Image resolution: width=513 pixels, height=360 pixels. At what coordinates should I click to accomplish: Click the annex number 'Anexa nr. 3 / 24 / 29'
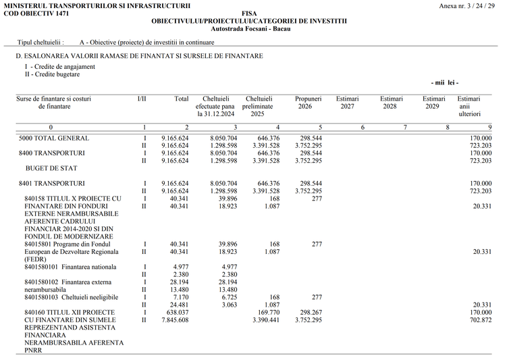point(467,5)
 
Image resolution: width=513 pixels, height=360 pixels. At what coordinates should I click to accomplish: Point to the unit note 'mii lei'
point(444,82)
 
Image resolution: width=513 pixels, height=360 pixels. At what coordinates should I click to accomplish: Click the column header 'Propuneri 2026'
point(308,103)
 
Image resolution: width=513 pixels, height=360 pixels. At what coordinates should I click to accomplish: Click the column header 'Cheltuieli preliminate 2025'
point(259,107)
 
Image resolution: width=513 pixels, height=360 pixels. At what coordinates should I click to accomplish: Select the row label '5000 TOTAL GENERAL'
point(54,138)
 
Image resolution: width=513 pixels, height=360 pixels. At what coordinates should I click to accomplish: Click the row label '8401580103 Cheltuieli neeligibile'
point(71,297)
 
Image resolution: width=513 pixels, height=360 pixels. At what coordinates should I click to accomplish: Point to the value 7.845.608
point(175,319)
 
